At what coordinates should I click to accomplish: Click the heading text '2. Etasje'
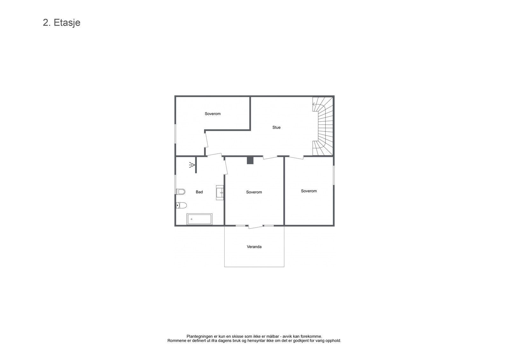61,23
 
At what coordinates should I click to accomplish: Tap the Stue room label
276,127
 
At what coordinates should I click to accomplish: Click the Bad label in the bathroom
199,192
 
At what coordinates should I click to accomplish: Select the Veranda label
254,247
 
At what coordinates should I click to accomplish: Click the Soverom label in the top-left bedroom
213,114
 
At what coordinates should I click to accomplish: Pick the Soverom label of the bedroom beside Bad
254,192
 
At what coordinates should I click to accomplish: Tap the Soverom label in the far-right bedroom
309,191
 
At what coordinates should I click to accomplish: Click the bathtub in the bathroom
199,219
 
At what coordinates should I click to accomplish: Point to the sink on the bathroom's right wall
220,192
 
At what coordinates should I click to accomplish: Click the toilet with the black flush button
181,205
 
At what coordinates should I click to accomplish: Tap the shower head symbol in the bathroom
192,165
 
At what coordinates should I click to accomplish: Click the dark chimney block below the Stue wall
250,160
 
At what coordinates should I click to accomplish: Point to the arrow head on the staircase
314,104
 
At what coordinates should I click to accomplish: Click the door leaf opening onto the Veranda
255,227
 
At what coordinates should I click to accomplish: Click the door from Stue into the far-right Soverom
296,157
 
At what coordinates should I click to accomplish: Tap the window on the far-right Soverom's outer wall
333,174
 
